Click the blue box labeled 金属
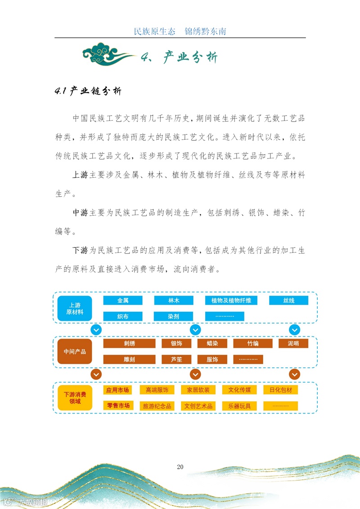tap(123, 300)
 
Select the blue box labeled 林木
tap(174, 300)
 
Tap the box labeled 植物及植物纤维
tap(231, 300)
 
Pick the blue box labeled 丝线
tap(288, 300)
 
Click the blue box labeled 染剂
tap(174, 316)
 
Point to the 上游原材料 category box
tap(75, 308)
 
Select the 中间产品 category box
tap(75, 351)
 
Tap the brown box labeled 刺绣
tap(130, 343)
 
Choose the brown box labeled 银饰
tap(176, 343)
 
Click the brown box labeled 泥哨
tap(293, 343)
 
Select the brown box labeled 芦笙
tap(176, 360)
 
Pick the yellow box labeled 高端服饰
tap(157, 390)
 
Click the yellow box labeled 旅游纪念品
tap(157, 406)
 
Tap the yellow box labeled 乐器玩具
tap(239, 406)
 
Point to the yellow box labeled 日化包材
tap(281, 390)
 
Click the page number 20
tap(180, 467)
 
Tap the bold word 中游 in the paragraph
tap(81, 213)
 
